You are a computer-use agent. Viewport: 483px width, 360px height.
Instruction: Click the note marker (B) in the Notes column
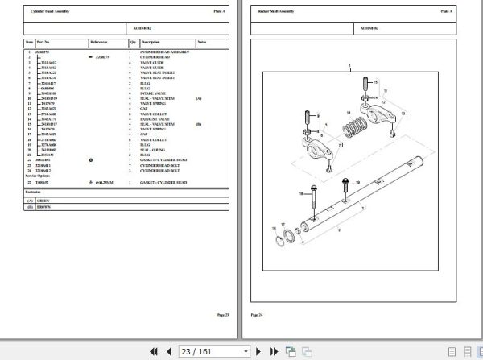(199, 123)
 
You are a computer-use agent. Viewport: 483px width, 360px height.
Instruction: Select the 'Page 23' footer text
(222, 314)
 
